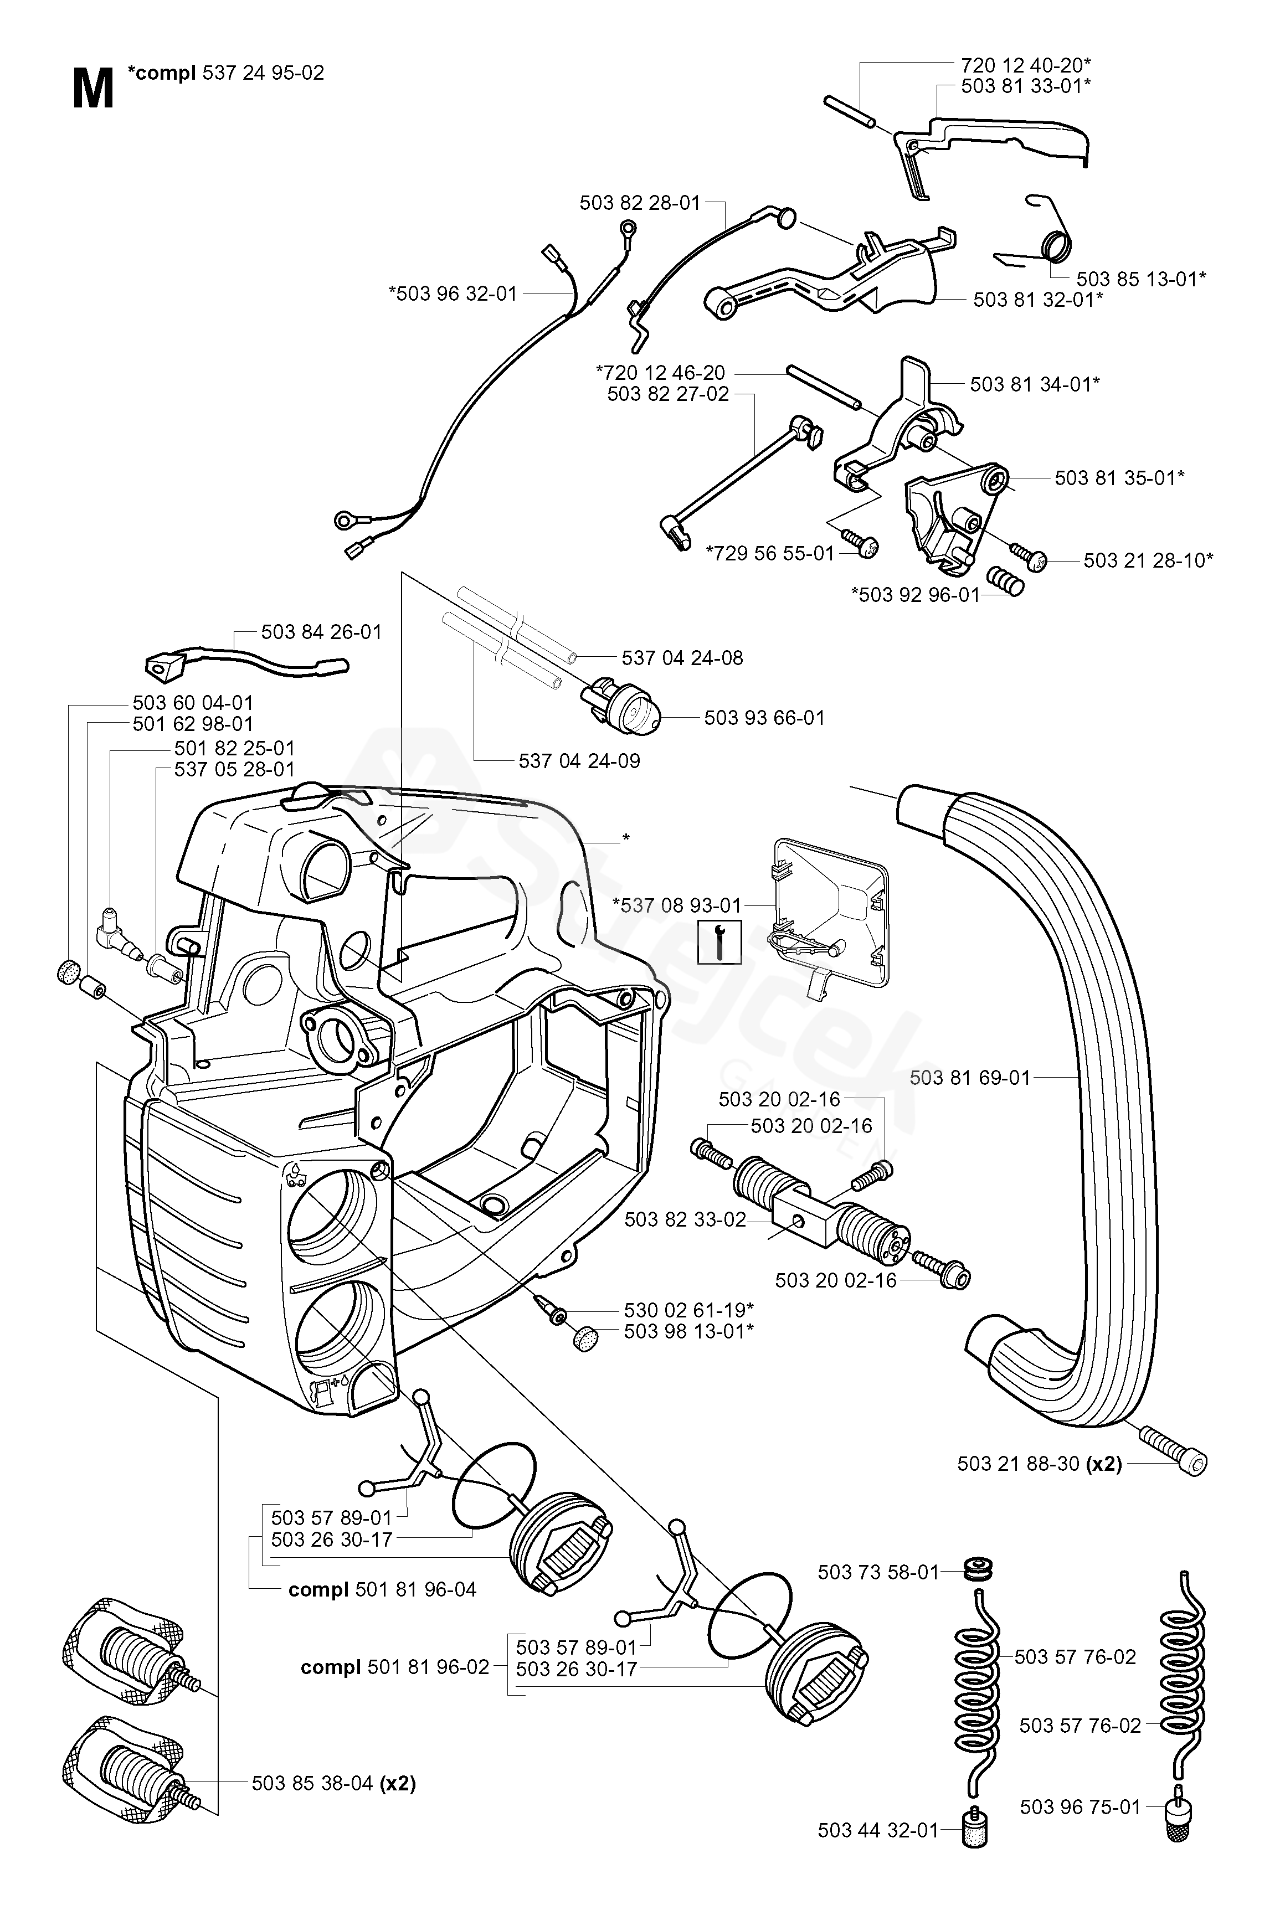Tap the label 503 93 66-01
click(x=764, y=718)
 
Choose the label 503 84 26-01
click(x=321, y=632)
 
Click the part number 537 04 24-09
click(x=579, y=761)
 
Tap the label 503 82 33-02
click(x=685, y=1220)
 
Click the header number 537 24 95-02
click(x=263, y=74)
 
